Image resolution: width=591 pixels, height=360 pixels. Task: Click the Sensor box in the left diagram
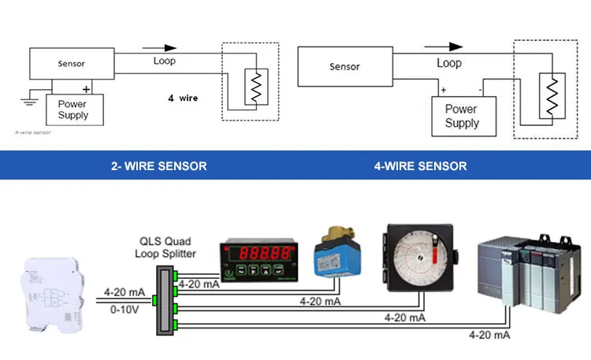click(x=72, y=63)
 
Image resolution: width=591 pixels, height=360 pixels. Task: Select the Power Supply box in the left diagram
click(x=73, y=109)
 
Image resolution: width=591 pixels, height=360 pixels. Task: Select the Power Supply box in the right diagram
click(x=462, y=117)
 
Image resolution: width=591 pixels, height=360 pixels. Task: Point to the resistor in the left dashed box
click(x=255, y=87)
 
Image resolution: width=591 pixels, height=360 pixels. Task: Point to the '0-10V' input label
click(x=125, y=310)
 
